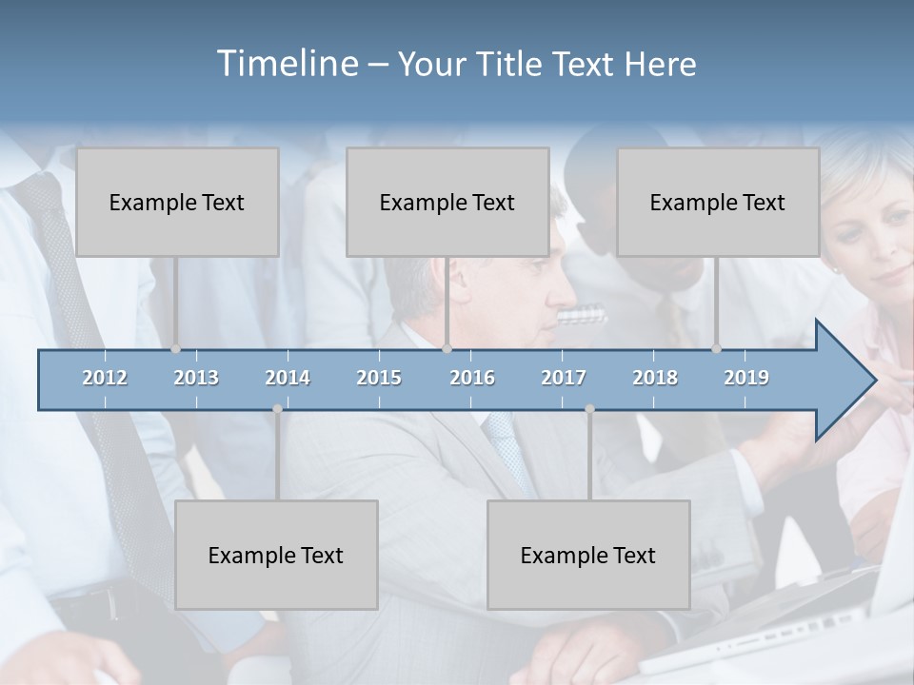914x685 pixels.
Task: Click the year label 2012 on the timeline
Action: tap(105, 378)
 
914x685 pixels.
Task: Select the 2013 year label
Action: tap(196, 378)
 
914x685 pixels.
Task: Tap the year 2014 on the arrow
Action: tap(288, 378)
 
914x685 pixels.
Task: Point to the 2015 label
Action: tap(379, 378)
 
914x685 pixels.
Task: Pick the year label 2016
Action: tap(472, 378)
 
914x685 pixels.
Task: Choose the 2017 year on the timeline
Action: tap(564, 378)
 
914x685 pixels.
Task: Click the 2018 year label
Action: tap(655, 378)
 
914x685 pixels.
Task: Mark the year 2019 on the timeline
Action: tap(746, 378)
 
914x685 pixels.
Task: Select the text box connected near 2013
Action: tap(177, 202)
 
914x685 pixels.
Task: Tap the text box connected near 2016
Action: tap(447, 202)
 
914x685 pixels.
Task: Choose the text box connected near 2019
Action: tap(718, 202)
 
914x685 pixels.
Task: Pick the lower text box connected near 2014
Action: tap(276, 555)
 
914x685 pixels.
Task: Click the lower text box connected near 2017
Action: tap(588, 555)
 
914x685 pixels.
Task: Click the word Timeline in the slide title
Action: tap(286, 64)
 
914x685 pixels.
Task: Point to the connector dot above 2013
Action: tap(176, 349)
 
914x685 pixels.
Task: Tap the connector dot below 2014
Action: tap(277, 409)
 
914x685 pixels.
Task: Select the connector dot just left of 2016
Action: tap(447, 349)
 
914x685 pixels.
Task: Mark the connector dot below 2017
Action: tap(589, 409)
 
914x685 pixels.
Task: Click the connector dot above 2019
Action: tap(717, 349)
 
